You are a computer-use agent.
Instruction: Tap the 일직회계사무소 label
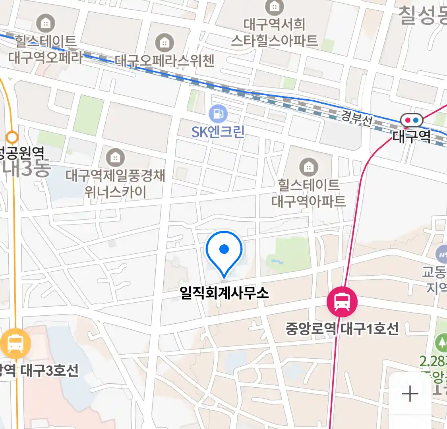[224, 294]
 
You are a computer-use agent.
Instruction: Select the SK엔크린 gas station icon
[218, 114]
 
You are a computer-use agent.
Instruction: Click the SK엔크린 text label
[218, 132]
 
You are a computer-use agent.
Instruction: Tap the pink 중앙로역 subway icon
[342, 302]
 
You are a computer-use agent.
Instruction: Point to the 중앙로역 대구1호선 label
[342, 329]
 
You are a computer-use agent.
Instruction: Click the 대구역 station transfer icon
[412, 120]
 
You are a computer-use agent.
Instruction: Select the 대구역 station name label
[412, 137]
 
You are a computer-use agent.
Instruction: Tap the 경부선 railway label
[356, 118]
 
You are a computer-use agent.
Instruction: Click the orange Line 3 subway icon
[15, 344]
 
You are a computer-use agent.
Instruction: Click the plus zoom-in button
[410, 394]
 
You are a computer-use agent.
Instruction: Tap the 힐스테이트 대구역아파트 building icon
[308, 167]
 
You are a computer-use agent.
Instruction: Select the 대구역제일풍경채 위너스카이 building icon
[115, 158]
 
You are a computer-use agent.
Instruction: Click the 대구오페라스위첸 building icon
[164, 42]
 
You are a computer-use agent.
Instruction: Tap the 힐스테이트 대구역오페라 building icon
[45, 23]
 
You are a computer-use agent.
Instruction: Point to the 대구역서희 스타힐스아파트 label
[274, 33]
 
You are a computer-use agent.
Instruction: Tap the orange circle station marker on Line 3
[13, 138]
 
